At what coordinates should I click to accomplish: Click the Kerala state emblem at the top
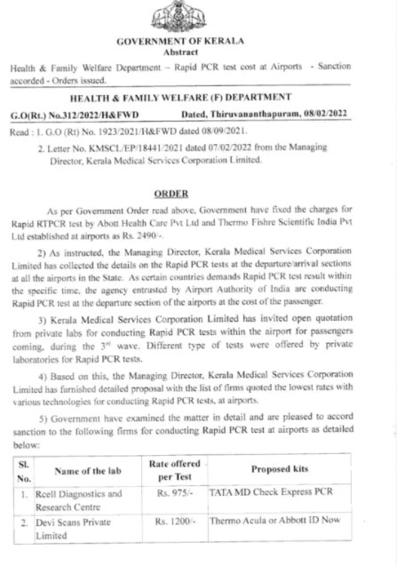pyautogui.click(x=198, y=16)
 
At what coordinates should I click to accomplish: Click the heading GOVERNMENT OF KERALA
pyautogui.click(x=198, y=42)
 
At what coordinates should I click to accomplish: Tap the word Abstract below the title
pyautogui.click(x=198, y=52)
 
